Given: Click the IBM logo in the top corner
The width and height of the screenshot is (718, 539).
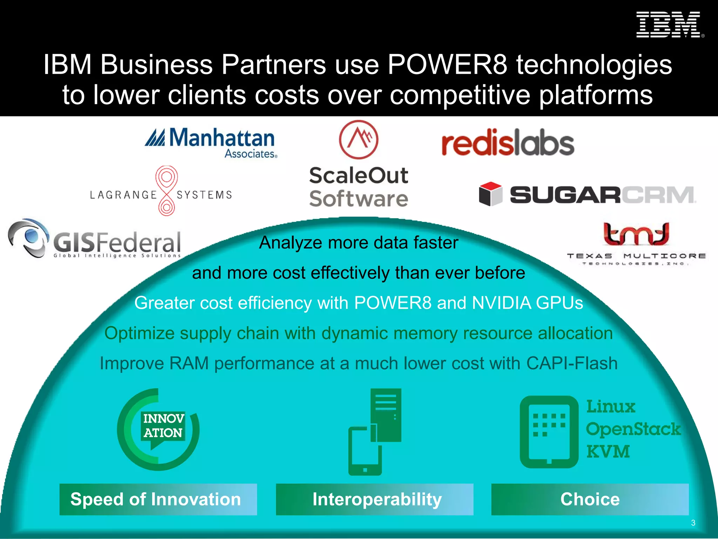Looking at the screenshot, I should [669, 25].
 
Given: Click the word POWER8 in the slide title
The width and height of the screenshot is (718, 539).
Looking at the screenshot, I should [447, 65].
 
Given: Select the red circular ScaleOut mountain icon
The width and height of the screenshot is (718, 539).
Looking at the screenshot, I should [358, 139].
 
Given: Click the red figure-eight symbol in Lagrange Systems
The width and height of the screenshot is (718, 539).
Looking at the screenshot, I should [167, 191].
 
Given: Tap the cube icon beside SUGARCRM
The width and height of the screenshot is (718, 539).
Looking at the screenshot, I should [490, 194].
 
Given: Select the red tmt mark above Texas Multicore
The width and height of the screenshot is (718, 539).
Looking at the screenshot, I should [636, 234].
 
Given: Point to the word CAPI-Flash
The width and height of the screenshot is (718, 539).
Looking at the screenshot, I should [572, 363].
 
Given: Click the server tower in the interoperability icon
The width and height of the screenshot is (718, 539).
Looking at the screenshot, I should [386, 414].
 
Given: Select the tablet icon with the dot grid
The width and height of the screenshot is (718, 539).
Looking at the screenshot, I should [549, 432].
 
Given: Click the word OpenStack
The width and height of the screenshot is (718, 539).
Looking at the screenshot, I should [633, 429].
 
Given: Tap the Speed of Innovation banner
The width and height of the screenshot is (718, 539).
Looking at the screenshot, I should [158, 499].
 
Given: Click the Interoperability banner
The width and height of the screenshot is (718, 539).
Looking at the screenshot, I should [374, 499].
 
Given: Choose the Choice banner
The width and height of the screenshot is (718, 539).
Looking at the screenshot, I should [590, 499].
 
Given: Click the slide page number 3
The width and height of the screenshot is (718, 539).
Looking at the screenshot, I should [693, 523].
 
